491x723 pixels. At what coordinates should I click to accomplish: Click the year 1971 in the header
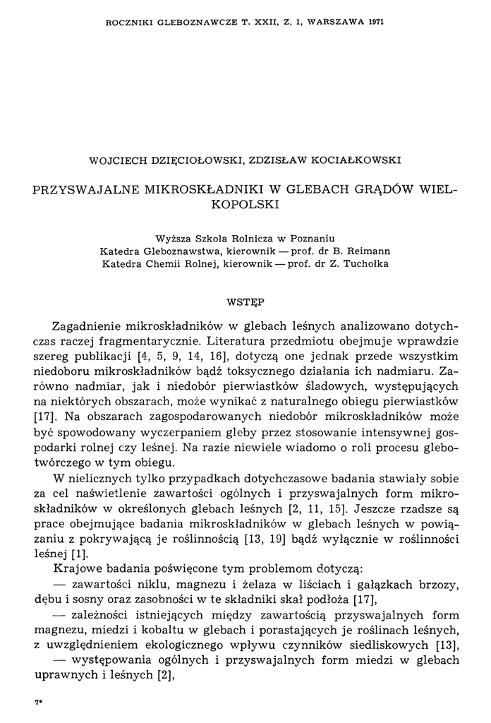point(375,23)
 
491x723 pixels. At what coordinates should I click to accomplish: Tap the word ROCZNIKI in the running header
point(125,23)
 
